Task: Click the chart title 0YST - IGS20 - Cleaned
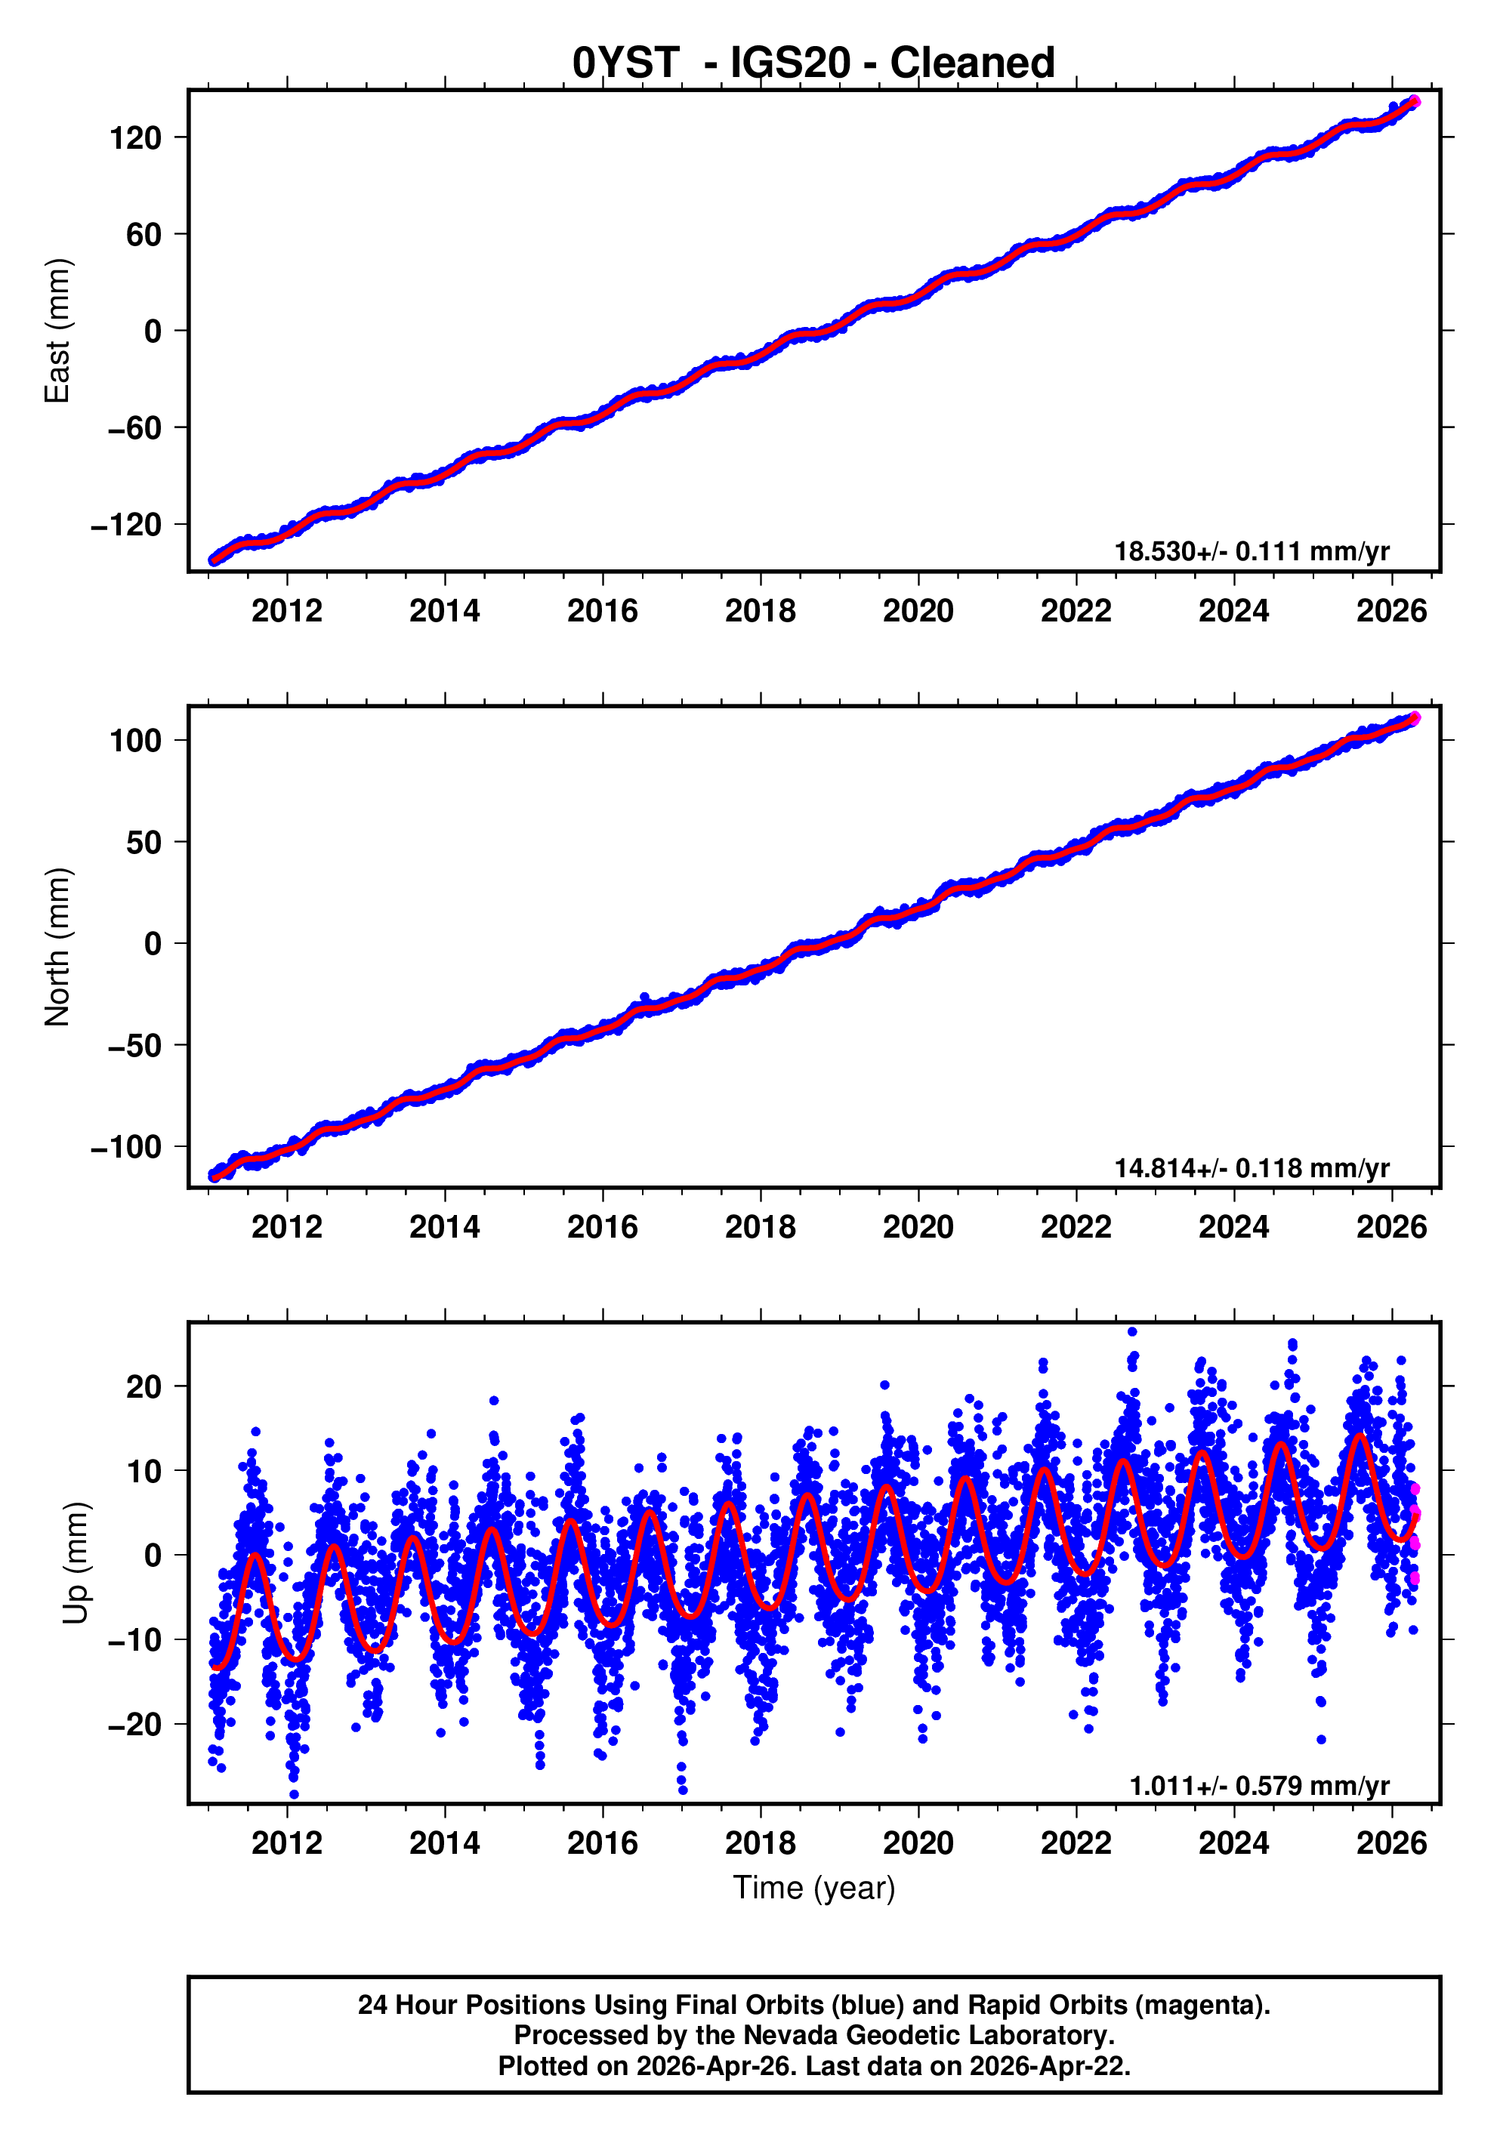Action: click(813, 63)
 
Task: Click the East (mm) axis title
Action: click(58, 331)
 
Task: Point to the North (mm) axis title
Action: click(58, 947)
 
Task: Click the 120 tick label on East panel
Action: click(135, 139)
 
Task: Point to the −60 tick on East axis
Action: click(128, 429)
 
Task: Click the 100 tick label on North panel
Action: click(135, 741)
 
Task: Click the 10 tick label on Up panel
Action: click(144, 1471)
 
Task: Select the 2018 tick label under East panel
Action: click(760, 612)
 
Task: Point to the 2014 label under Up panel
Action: click(445, 1843)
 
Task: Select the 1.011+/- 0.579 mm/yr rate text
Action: click(1258, 1786)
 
